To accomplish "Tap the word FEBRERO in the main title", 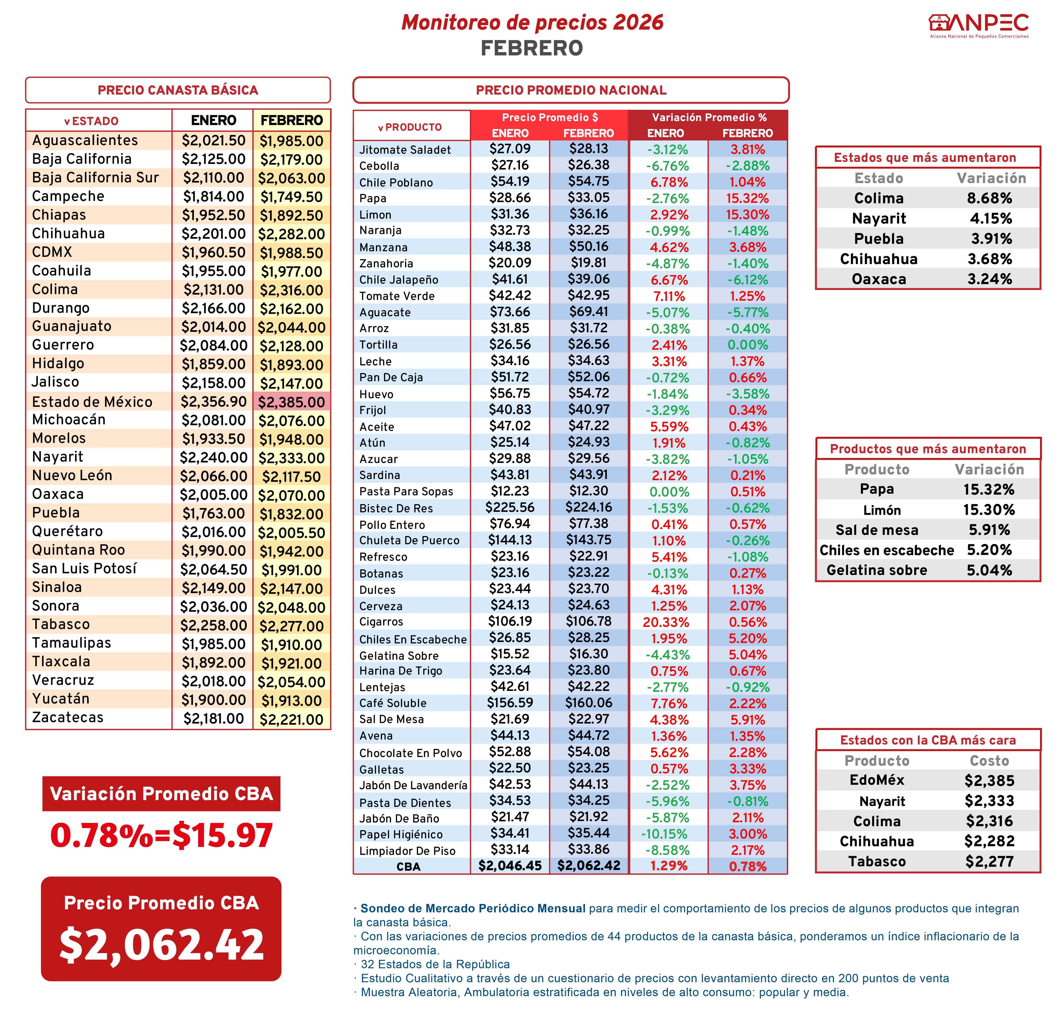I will [x=532, y=48].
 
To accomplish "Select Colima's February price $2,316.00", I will [x=292, y=290].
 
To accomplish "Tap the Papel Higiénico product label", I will [x=401, y=834].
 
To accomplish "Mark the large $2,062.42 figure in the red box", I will [x=161, y=944].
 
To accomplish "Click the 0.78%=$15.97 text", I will [x=161, y=835].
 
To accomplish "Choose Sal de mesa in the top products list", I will [x=877, y=530].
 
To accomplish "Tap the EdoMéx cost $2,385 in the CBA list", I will [x=989, y=781].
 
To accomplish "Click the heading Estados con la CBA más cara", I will [x=928, y=740].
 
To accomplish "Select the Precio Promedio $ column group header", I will [x=549, y=117].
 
